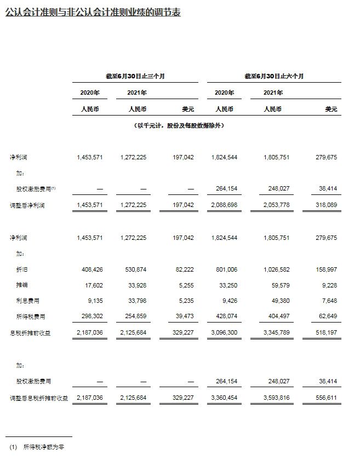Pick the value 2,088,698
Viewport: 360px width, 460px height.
point(224,206)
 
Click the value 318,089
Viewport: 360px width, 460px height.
point(324,206)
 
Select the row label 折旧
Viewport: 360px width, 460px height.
point(22,270)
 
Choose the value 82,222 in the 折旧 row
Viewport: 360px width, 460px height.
point(183,270)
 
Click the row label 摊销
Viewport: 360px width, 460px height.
point(22,285)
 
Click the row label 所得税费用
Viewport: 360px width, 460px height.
point(30,316)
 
